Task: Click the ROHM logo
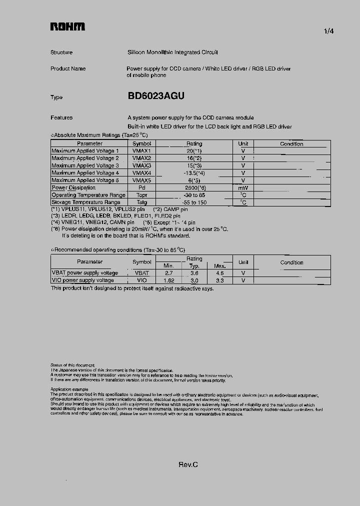(x=67, y=26)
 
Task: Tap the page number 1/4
(x=329, y=31)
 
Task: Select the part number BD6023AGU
(x=156, y=96)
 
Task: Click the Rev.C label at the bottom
(x=188, y=464)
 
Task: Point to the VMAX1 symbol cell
(x=141, y=150)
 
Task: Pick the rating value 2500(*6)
(x=194, y=187)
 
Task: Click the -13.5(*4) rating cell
(x=194, y=173)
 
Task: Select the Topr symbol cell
(x=141, y=195)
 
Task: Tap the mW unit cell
(x=243, y=187)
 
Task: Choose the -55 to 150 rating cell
(x=194, y=202)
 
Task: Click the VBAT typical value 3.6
(x=194, y=273)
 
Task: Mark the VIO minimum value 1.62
(x=168, y=280)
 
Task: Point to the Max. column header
(x=220, y=266)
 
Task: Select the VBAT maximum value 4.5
(x=220, y=273)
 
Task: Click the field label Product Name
(x=68, y=68)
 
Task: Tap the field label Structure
(x=61, y=52)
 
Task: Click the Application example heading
(x=69, y=389)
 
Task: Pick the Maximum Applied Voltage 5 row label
(x=85, y=180)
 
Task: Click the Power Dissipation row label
(x=73, y=187)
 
